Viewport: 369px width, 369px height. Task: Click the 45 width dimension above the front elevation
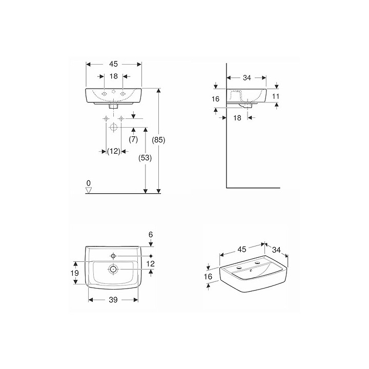(x=113, y=64)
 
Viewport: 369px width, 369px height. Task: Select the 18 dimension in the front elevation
(x=114, y=76)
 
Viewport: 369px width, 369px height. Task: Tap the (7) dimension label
(x=133, y=140)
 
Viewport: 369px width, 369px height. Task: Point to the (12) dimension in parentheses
(x=113, y=151)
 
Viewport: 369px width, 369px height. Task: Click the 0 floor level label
(x=88, y=183)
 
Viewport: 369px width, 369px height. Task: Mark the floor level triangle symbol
(x=89, y=190)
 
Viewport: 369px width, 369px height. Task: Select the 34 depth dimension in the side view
(x=246, y=78)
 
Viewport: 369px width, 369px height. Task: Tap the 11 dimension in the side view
(x=276, y=96)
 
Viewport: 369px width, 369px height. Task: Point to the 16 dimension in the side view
(x=215, y=99)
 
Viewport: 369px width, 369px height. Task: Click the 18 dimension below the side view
(x=237, y=118)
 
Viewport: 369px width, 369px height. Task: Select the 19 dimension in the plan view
(x=74, y=273)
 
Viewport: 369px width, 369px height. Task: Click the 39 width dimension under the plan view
(x=113, y=300)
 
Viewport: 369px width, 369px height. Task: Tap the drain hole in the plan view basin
(x=113, y=269)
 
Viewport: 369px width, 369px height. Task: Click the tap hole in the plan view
(x=113, y=255)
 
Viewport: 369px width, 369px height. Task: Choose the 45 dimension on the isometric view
(x=242, y=249)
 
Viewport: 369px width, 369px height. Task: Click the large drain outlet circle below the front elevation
(x=113, y=128)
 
